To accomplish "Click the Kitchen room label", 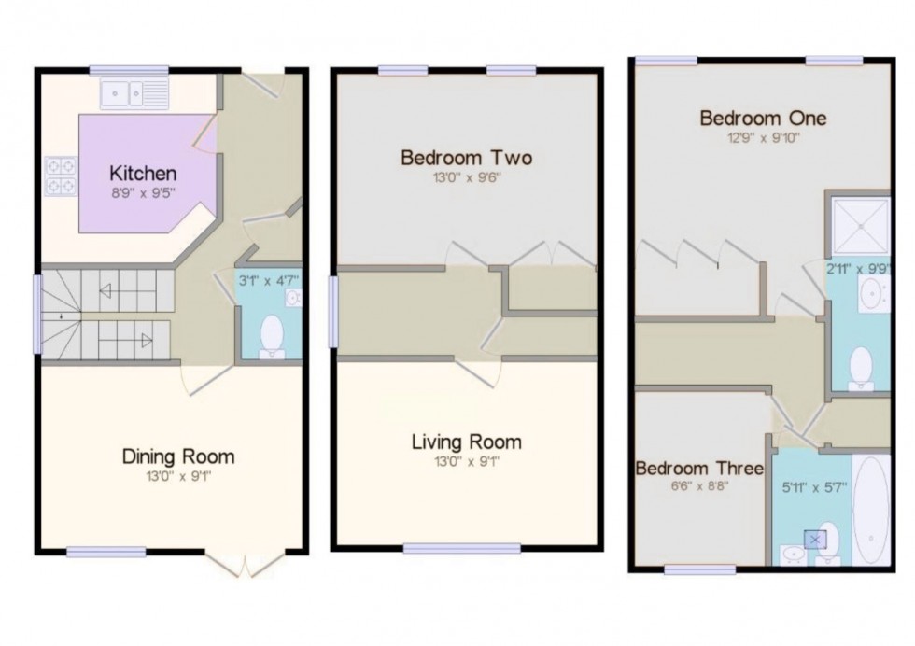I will pos(143,173).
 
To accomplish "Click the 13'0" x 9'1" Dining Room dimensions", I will pos(177,476).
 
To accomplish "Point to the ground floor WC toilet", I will pos(272,337).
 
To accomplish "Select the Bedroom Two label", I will pos(466,158).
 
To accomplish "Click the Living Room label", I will pos(466,442).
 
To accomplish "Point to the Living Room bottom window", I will pos(461,548).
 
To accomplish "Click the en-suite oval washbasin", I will pos(876,298).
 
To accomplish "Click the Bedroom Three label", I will pos(699,468).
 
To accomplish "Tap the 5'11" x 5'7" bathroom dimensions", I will pos(813,486).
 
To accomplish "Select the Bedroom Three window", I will pos(693,569).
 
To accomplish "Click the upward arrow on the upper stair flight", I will pos(106,291).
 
